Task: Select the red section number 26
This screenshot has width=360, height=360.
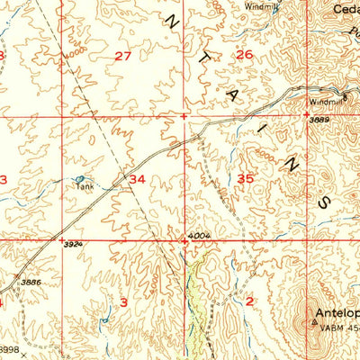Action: (x=244, y=55)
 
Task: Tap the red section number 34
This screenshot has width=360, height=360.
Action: (x=137, y=179)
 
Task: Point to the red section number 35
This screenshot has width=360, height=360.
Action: (x=245, y=179)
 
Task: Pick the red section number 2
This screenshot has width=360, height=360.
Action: (x=249, y=301)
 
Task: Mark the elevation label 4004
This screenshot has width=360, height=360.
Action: (x=198, y=237)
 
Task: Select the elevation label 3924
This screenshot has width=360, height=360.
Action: (x=72, y=243)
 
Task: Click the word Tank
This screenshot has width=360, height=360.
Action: (x=84, y=189)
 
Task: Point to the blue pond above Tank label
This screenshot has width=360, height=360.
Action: (x=79, y=180)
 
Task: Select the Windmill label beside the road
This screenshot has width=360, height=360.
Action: (x=323, y=101)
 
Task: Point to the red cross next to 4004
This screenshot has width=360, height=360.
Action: (x=184, y=241)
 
